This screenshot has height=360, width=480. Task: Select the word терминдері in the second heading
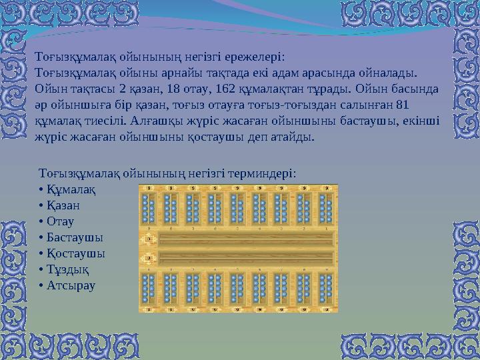point(263,173)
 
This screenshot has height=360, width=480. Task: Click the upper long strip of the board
point(246,239)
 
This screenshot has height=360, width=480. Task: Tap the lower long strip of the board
point(246,257)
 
